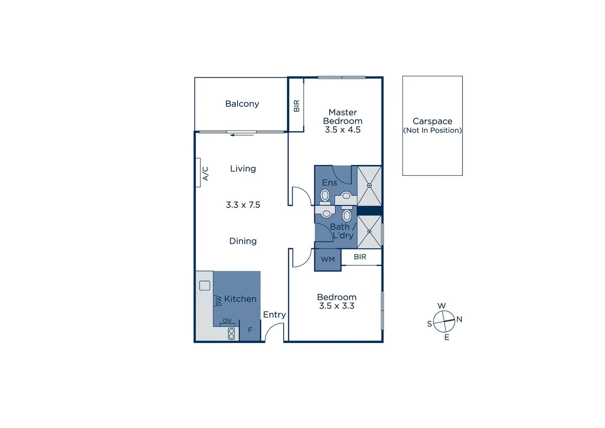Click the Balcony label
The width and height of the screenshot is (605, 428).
[x=242, y=104]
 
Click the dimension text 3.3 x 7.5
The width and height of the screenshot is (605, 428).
[x=243, y=205]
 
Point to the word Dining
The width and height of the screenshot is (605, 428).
[x=243, y=241]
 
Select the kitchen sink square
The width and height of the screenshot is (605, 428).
[x=205, y=285]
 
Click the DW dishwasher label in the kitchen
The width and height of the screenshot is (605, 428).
[x=219, y=301]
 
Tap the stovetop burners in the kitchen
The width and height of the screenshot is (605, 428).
[x=232, y=334]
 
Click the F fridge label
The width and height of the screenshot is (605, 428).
[x=250, y=330]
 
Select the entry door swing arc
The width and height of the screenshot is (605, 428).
[x=273, y=331]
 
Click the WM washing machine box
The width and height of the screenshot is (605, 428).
[x=327, y=260]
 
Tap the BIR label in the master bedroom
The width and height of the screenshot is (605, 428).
[x=297, y=106]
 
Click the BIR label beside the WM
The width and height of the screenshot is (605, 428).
[x=360, y=257]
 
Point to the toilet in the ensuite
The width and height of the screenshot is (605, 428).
[x=325, y=195]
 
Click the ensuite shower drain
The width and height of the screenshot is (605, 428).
[x=369, y=185]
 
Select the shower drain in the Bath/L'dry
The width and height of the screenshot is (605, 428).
[x=369, y=231]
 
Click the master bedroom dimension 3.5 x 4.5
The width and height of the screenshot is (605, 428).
[x=342, y=130]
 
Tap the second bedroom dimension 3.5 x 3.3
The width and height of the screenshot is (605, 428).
[x=337, y=306]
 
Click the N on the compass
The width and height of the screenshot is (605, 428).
[x=459, y=319]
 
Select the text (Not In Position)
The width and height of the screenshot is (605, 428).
[x=432, y=130]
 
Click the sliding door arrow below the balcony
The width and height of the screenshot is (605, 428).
[x=242, y=135]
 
